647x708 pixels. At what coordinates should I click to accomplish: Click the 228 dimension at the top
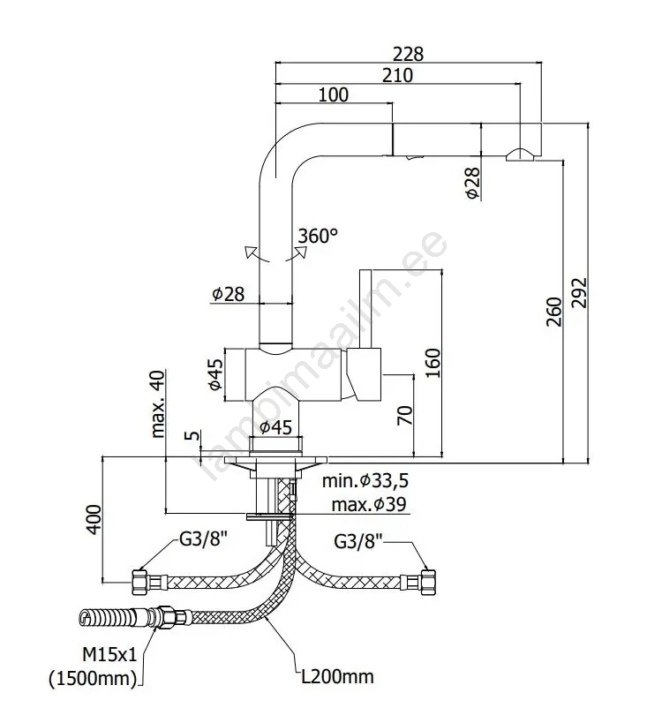click(x=408, y=54)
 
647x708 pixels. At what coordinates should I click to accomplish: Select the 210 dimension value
click(x=397, y=75)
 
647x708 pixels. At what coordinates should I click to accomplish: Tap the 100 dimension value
click(x=333, y=95)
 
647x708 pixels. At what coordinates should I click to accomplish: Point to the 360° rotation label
click(x=318, y=237)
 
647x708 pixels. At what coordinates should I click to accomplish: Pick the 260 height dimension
click(x=553, y=312)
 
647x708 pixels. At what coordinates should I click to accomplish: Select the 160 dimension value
click(x=432, y=362)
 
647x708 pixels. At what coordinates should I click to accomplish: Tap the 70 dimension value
click(x=405, y=415)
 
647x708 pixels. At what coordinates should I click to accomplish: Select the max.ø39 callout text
click(x=369, y=505)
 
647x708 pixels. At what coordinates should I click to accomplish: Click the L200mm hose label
click(x=335, y=677)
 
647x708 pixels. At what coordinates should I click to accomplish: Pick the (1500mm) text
click(x=93, y=679)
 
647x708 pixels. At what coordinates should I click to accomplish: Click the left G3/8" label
click(x=206, y=539)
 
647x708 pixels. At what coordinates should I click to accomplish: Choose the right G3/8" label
click(x=359, y=539)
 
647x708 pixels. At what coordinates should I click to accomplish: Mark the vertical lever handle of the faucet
click(x=365, y=309)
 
